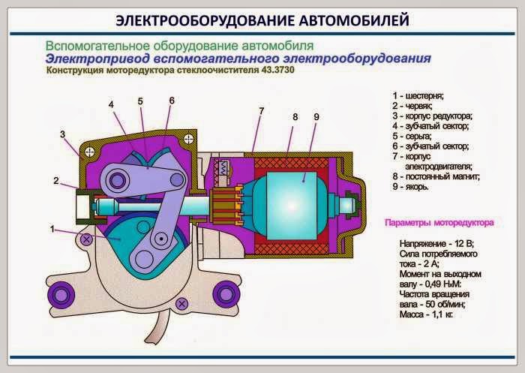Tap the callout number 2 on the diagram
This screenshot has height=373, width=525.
[x=55, y=180]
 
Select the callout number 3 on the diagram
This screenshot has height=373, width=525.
[x=64, y=134]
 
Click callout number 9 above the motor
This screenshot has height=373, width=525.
[x=316, y=117]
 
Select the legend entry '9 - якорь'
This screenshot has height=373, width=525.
[x=410, y=187]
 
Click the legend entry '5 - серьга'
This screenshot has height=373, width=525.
[x=412, y=137]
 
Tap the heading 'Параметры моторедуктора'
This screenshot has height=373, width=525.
[x=439, y=223]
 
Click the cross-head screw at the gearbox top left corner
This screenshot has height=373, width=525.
[x=90, y=150]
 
